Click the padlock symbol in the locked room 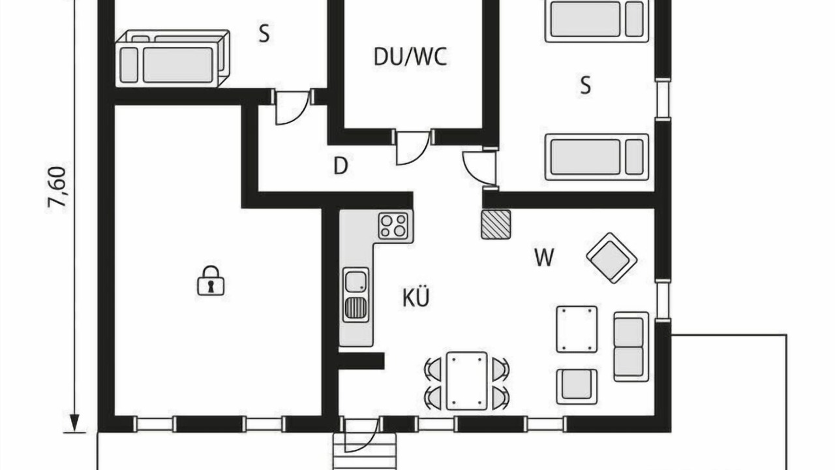coord(211,281)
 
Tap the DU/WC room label coord(410,57)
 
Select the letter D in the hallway coord(341,166)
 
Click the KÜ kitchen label coord(416,297)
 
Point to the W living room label coord(544,257)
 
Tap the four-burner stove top coord(393,226)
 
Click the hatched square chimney coord(496,224)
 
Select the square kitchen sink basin coord(356,281)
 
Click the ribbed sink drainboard coord(356,308)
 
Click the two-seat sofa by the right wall coord(631,347)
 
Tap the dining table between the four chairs coord(466,381)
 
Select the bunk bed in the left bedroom coord(172,59)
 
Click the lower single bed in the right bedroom coord(596,157)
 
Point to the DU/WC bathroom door coord(413,148)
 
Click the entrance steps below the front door coord(363,452)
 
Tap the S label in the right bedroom coord(586,85)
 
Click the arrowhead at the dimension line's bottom coord(74,423)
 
